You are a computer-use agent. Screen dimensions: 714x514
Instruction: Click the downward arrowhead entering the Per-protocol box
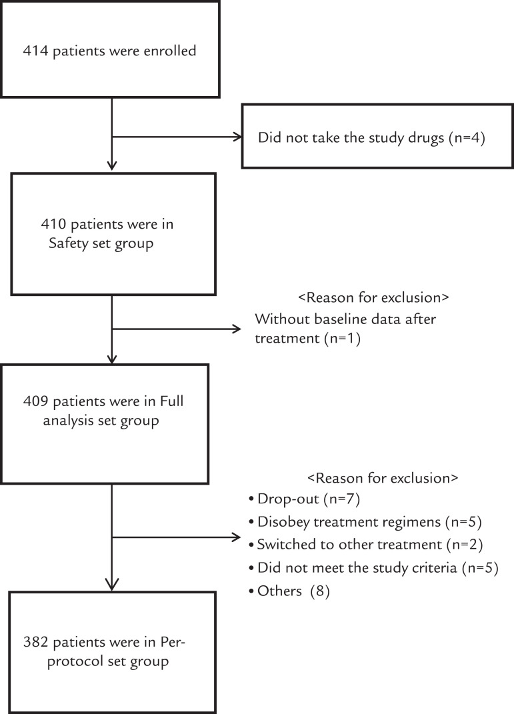point(112,584)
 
